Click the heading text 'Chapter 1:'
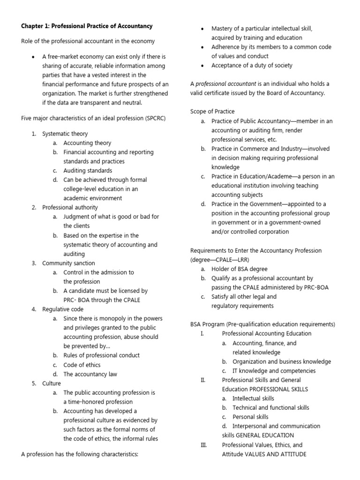(x=37, y=26)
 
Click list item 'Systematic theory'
(x=65, y=134)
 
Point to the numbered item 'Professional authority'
(x=70, y=207)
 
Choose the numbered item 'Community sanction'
(x=68, y=263)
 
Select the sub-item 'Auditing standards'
(x=88, y=171)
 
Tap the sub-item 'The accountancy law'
(x=90, y=374)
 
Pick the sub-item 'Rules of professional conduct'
(x=101, y=355)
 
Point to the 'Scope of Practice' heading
(x=212, y=112)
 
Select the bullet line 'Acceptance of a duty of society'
(x=252, y=66)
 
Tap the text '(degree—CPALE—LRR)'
(x=219, y=260)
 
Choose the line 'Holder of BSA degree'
(x=240, y=269)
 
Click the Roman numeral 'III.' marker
(x=204, y=445)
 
